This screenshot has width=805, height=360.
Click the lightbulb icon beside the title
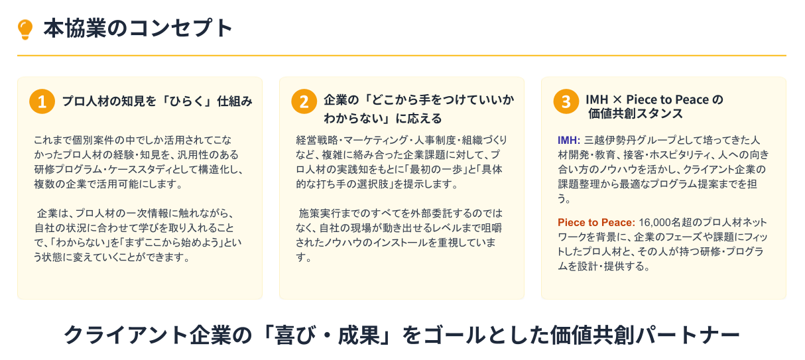click(25, 29)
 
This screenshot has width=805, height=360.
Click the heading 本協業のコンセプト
click(138, 29)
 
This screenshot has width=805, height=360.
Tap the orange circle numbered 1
click(42, 101)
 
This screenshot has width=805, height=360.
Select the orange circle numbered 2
click(304, 101)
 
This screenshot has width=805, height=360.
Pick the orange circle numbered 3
click(566, 101)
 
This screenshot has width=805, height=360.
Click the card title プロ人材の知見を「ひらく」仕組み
click(157, 101)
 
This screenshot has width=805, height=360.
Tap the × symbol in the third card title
click(617, 100)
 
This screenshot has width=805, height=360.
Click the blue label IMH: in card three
click(569, 140)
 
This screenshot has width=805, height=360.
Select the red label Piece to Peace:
click(596, 222)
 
